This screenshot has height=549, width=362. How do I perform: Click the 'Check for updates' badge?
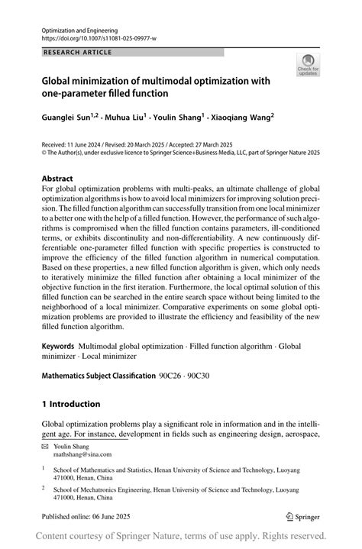309,65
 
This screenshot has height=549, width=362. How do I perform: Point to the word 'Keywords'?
58,346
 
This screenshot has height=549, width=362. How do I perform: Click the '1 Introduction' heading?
71,404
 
